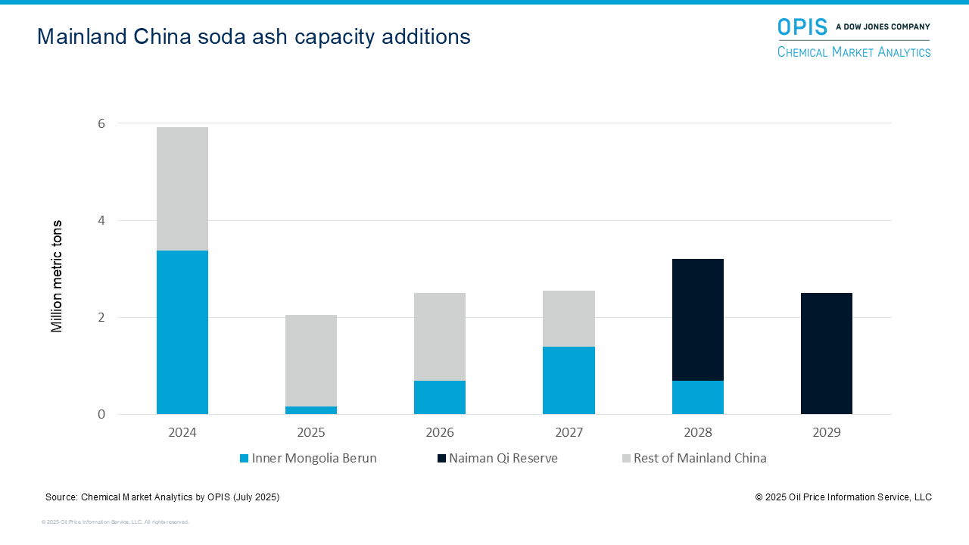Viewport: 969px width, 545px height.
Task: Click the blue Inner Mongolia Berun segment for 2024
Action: click(x=182, y=332)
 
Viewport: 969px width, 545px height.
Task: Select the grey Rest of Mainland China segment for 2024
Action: click(x=182, y=188)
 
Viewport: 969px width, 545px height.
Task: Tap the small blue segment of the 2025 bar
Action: click(x=311, y=410)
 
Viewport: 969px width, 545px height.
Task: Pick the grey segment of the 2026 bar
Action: click(x=440, y=337)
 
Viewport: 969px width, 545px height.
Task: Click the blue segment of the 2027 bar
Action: click(x=569, y=380)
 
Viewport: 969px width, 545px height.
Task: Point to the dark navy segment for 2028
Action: click(x=698, y=319)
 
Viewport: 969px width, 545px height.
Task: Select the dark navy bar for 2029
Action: click(x=827, y=353)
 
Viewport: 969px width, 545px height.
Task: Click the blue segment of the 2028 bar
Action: click(x=698, y=397)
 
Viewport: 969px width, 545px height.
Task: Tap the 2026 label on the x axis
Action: click(x=440, y=433)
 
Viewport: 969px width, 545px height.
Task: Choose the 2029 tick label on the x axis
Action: click(x=827, y=433)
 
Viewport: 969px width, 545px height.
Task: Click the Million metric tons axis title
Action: click(x=57, y=276)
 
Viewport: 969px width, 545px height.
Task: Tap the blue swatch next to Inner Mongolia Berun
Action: click(x=244, y=459)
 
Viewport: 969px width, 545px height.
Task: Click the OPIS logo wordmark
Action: click(x=802, y=27)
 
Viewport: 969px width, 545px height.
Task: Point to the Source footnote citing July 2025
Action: click(x=162, y=497)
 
